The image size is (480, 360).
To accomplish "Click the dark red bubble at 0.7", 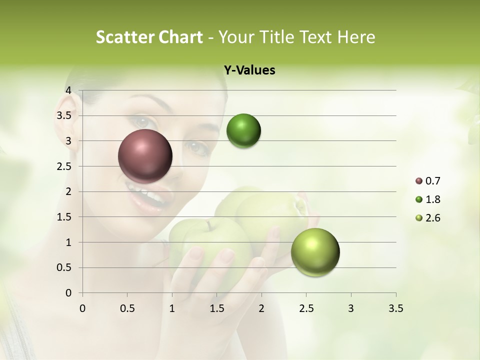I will pos(145,156).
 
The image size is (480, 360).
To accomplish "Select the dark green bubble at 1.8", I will pos(243,131).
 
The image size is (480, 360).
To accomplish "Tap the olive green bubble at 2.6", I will pos(315,252).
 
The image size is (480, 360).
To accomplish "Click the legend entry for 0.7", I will pos(427,181).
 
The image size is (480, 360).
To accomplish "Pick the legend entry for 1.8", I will pos(427,199).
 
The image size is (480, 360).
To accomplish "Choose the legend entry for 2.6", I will pos(427,218).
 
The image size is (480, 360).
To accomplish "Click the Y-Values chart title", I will pos(249,70).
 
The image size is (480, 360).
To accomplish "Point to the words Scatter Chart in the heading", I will pos(149,37).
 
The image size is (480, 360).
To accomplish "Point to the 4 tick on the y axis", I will pos(68,90).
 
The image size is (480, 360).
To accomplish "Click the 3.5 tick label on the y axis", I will pos(64,115).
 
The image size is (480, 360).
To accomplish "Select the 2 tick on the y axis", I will pos(68,191).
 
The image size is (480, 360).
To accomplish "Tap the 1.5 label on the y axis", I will pos(64,217).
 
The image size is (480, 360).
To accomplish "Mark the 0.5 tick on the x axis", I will pos(127,308).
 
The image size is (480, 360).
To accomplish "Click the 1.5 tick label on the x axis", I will pos(216,308).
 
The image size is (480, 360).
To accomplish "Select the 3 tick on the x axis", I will pos(351,308).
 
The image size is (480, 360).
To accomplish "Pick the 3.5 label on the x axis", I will pos(395,308).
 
